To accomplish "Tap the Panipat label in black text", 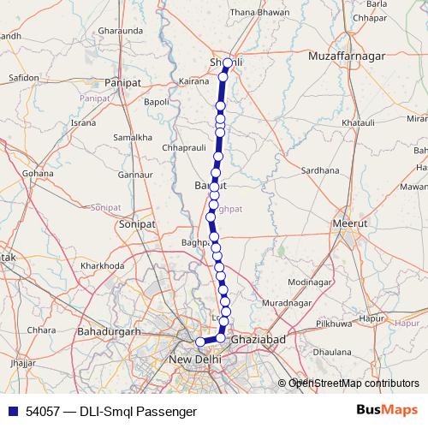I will click(122, 82).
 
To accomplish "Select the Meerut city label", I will click(348, 223).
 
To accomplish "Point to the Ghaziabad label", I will click(257, 340).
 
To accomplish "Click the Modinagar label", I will click(310, 282).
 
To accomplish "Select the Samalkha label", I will click(132, 137).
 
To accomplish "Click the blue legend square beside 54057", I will click(12, 412).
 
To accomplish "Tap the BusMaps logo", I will click(389, 411).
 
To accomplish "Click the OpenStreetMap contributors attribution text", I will click(354, 383).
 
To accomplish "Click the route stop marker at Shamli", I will click(227, 63).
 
